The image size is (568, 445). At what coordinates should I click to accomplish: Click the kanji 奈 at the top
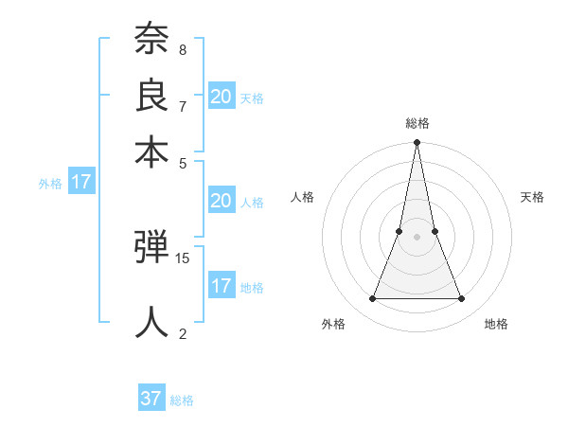pyautogui.click(x=151, y=41)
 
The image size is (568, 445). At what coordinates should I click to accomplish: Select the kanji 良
pyautogui.click(x=151, y=95)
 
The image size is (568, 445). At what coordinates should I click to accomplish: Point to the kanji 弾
pyautogui.click(x=151, y=248)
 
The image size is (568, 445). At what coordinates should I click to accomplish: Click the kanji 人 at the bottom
pyautogui.click(x=151, y=321)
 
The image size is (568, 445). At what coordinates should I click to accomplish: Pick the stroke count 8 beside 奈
pyautogui.click(x=182, y=49)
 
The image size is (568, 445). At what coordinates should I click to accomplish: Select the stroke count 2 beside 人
pyautogui.click(x=182, y=332)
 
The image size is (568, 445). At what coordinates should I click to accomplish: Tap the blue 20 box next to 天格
pyautogui.click(x=221, y=96)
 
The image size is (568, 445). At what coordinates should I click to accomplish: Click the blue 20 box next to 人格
pyautogui.click(x=221, y=201)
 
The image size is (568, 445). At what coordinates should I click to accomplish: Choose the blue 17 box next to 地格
pyautogui.click(x=221, y=285)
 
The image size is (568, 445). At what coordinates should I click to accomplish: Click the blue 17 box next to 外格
pyautogui.click(x=80, y=182)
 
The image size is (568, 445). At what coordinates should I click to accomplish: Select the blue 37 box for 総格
pyautogui.click(x=151, y=399)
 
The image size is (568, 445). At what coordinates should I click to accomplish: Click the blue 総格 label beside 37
pyautogui.click(x=182, y=400)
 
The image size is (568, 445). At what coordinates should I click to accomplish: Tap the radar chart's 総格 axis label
pyautogui.click(x=417, y=123)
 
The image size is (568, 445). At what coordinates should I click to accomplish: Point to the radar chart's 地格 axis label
pyautogui.click(x=496, y=325)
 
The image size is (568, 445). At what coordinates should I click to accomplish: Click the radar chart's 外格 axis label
pyautogui.click(x=333, y=325)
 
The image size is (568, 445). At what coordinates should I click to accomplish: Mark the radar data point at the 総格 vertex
pyautogui.click(x=417, y=143)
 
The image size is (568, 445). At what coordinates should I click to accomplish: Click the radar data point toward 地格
pyautogui.click(x=462, y=299)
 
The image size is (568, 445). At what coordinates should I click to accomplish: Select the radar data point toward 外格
pyautogui.click(x=372, y=299)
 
